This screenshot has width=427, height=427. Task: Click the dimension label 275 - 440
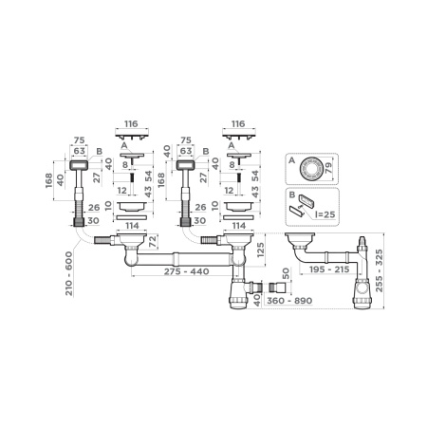[x=171, y=272]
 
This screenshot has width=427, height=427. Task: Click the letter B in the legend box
[x=291, y=194]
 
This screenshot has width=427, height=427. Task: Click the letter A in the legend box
[x=291, y=161]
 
